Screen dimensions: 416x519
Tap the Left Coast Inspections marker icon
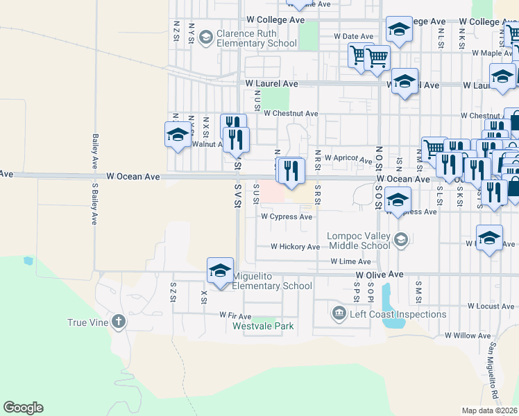(339, 314)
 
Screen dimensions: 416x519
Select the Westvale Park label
(263, 326)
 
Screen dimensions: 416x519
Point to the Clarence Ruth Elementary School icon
(205, 37)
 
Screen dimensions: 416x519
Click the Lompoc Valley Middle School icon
(400, 240)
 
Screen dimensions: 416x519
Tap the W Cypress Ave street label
(287, 216)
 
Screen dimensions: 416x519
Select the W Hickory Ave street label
(295, 246)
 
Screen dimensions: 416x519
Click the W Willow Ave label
(468, 336)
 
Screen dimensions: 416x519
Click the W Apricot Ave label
(348, 159)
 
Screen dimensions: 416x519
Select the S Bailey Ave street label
(94, 205)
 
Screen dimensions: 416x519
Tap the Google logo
(23, 408)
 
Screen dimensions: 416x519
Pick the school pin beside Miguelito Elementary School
(220, 271)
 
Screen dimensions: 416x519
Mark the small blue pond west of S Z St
(28, 261)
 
